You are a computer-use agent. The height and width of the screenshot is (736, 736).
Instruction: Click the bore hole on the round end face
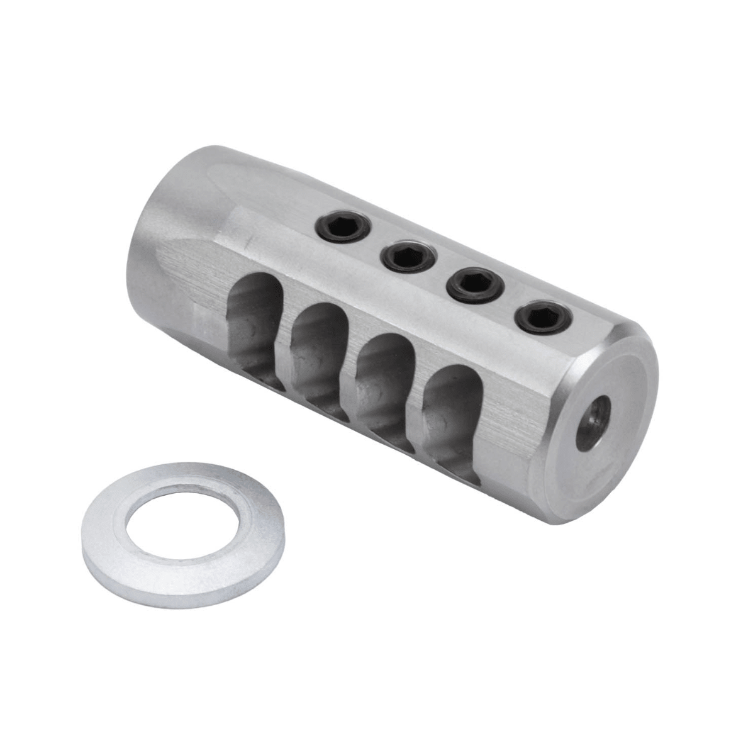(x=594, y=423)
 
